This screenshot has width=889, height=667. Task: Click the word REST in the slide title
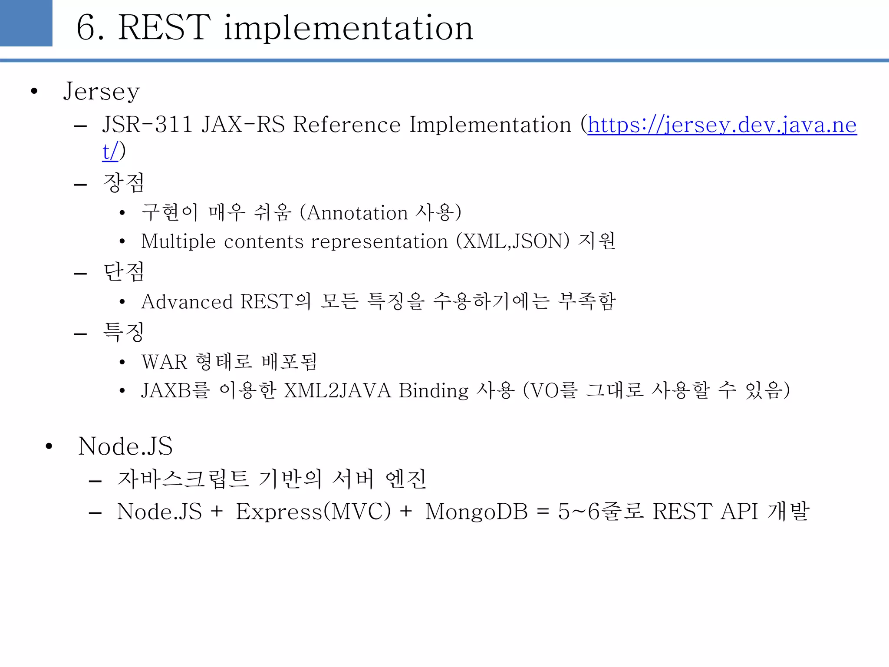point(165,28)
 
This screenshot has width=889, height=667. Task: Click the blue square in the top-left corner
point(26,23)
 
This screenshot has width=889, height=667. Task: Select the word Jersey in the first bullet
point(102,92)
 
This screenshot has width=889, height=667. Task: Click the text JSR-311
point(148,125)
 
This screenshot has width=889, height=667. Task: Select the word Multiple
point(178,241)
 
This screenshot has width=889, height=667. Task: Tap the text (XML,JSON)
point(513,241)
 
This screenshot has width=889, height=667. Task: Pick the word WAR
point(164,362)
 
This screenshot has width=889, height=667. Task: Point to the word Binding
point(434,390)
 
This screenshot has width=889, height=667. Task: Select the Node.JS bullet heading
point(125,446)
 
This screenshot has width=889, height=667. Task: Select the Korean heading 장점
point(124,183)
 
